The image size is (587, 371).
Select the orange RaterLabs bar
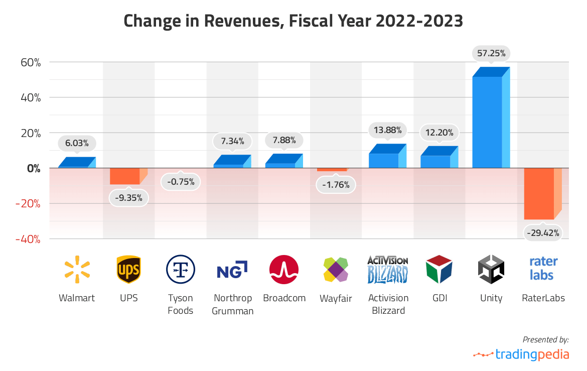tap(539, 193)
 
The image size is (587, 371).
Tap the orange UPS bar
tap(125, 176)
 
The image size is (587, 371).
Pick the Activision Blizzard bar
tap(384, 160)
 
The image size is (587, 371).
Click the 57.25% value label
tap(491, 52)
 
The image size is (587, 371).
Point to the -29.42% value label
tap(543, 233)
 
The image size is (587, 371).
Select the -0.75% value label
tap(181, 182)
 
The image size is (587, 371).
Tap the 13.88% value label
tap(388, 131)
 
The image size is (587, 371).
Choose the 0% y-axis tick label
tap(33, 168)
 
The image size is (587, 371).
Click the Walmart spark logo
tap(77, 269)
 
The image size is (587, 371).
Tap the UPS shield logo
tap(128, 270)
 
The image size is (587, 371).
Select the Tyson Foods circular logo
tap(180, 270)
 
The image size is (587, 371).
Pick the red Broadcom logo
tap(284, 270)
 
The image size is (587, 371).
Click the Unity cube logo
tap(491, 270)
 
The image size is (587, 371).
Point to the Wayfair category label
tap(336, 299)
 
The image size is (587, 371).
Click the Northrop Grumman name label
tap(232, 304)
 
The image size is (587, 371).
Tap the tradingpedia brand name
tap(531, 354)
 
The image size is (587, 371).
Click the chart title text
tap(293, 21)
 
